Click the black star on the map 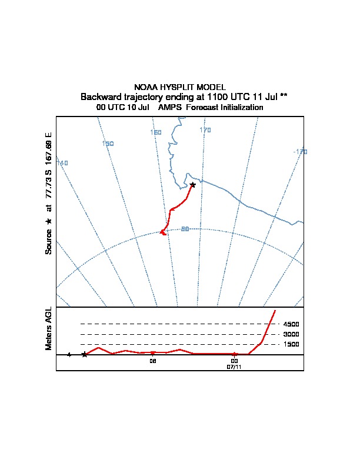point(192,185)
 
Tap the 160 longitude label point(156,132)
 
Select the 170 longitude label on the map point(205,130)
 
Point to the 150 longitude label point(108,144)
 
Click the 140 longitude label point(62,163)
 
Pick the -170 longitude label point(300,152)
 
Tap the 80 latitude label point(185,229)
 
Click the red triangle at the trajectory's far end point(163,233)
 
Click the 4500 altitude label point(291,324)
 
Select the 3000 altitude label point(291,334)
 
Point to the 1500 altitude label point(291,345)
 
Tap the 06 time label point(152,361)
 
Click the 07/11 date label point(234,367)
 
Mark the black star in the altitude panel point(85,354)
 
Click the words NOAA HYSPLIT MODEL point(180,87)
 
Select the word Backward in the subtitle point(101,96)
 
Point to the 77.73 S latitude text point(48,183)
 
